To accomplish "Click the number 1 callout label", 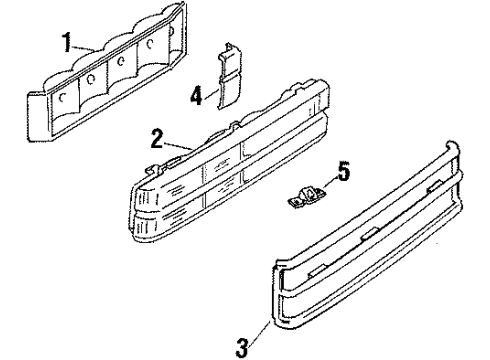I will click(x=67, y=44).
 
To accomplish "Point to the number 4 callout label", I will click(x=197, y=96).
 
